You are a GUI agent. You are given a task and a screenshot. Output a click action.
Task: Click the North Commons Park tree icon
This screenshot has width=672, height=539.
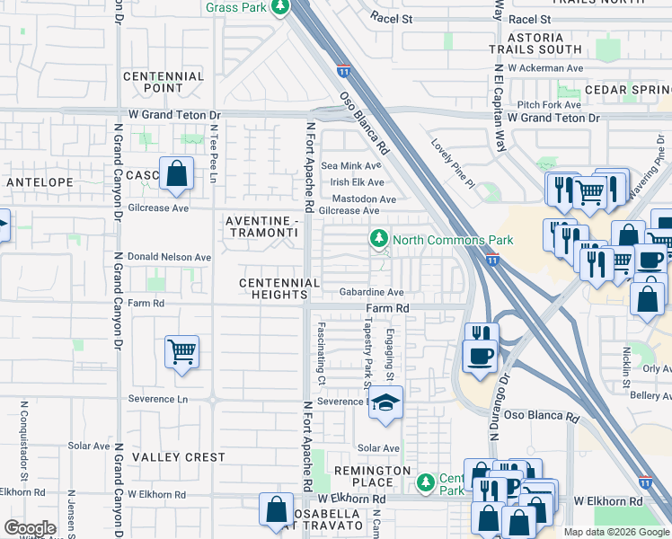pyautogui.click(x=379, y=239)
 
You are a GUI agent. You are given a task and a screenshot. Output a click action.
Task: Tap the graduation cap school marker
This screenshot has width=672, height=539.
pyautogui.click(x=385, y=404)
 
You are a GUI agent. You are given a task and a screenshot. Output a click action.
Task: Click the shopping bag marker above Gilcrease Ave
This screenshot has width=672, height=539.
pyautogui.click(x=176, y=172)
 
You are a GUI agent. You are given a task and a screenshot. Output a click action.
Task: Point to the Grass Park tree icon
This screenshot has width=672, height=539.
pyautogui.click(x=281, y=7)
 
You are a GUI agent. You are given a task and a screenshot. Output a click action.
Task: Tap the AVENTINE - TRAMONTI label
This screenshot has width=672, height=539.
pyautogui.click(x=261, y=226)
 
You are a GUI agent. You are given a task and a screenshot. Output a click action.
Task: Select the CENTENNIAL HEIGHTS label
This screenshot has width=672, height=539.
pyautogui.click(x=279, y=289)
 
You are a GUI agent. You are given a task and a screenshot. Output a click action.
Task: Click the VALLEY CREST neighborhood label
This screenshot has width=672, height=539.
pyautogui.click(x=179, y=457)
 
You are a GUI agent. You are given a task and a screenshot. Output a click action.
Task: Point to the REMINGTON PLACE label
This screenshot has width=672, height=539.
pyautogui.click(x=372, y=477)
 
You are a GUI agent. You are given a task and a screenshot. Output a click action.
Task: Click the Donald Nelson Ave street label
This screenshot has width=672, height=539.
pyautogui.click(x=170, y=257)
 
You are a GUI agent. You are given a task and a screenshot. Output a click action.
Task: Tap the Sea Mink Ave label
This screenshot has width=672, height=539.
pyautogui.click(x=351, y=166)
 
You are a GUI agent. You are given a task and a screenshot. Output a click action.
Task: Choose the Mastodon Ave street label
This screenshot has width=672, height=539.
pyautogui.click(x=364, y=199)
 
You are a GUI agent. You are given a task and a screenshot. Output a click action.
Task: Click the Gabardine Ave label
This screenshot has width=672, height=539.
pyautogui.click(x=371, y=292)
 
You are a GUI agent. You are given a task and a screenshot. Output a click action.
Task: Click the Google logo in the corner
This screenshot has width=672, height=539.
pyautogui.click(x=30, y=528)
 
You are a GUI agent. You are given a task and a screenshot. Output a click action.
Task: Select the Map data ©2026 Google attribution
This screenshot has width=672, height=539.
pyautogui.click(x=615, y=532)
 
